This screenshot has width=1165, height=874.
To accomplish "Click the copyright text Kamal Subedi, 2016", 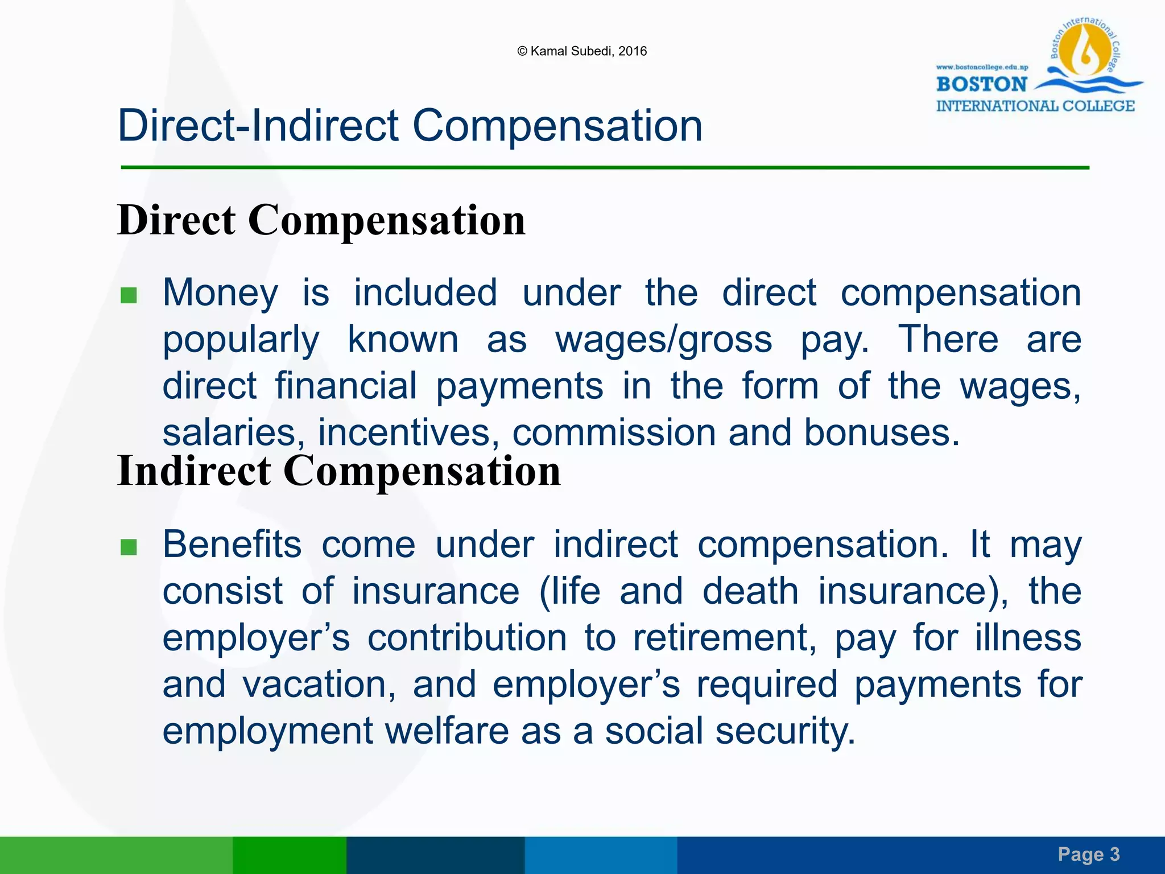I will tap(582, 51).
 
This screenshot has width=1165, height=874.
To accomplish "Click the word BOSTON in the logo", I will tap(982, 84).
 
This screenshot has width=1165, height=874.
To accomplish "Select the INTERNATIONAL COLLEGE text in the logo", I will tap(1035, 106).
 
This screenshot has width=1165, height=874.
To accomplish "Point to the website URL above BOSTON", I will tap(982, 67).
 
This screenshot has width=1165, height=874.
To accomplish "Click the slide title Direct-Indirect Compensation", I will tap(410, 126).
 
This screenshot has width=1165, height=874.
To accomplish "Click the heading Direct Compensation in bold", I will tap(321, 220).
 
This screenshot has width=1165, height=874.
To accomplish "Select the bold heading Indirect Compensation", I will tap(339, 471).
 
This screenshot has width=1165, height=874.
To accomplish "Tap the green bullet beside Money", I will tap(129, 295).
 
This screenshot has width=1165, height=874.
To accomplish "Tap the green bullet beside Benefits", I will tap(129, 547).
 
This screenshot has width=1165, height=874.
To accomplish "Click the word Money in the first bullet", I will tap(221, 293).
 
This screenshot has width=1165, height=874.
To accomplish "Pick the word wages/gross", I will tap(663, 340).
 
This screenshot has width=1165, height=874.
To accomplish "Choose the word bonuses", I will tap(881, 432).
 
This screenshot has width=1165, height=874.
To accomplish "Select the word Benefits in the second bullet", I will tap(232, 545).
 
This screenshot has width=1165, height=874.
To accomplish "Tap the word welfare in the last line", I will tap(447, 731).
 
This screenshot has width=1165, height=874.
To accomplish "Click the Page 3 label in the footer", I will tap(1088, 854).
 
